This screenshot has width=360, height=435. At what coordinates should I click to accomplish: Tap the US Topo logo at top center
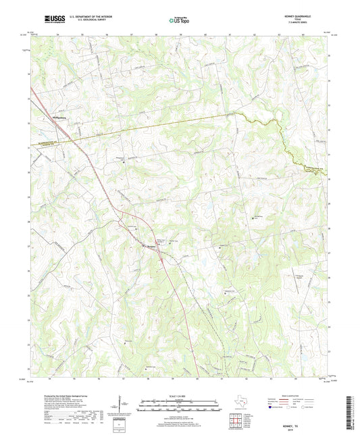(x=179, y=21)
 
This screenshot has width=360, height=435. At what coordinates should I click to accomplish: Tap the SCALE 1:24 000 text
(x=179, y=396)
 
